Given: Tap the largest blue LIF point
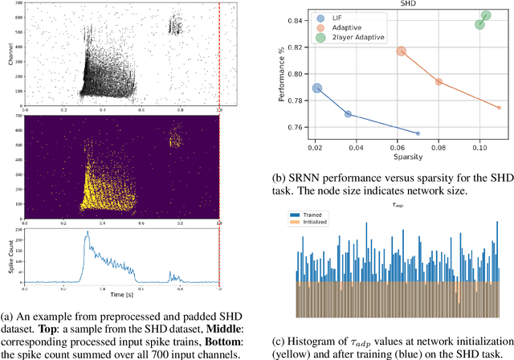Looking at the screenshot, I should (317, 88).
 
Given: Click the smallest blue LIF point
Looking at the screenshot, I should (418, 133).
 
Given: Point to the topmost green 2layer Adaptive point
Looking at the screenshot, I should (486, 15).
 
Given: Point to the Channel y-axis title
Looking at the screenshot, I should (6, 54).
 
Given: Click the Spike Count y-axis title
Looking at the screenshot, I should (6, 256).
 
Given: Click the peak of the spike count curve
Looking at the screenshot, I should (86, 234).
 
